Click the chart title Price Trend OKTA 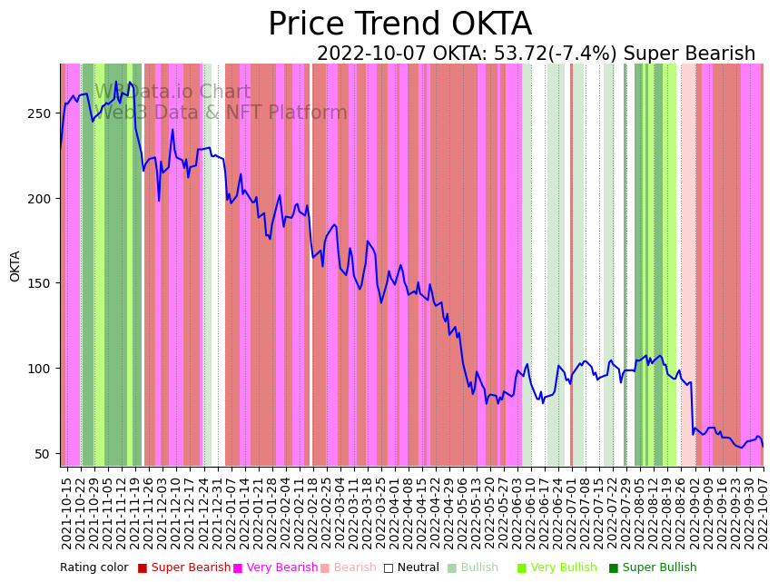(x=399, y=25)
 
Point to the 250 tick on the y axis (x=43, y=113)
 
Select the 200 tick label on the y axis (x=43, y=198)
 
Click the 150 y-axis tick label (x=43, y=283)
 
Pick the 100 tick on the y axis (x=43, y=369)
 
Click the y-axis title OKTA (x=15, y=266)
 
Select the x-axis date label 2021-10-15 (x=66, y=509)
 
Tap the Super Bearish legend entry (x=184, y=568)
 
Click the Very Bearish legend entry (x=276, y=568)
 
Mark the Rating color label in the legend (x=94, y=568)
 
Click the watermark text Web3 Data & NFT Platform (x=222, y=113)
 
